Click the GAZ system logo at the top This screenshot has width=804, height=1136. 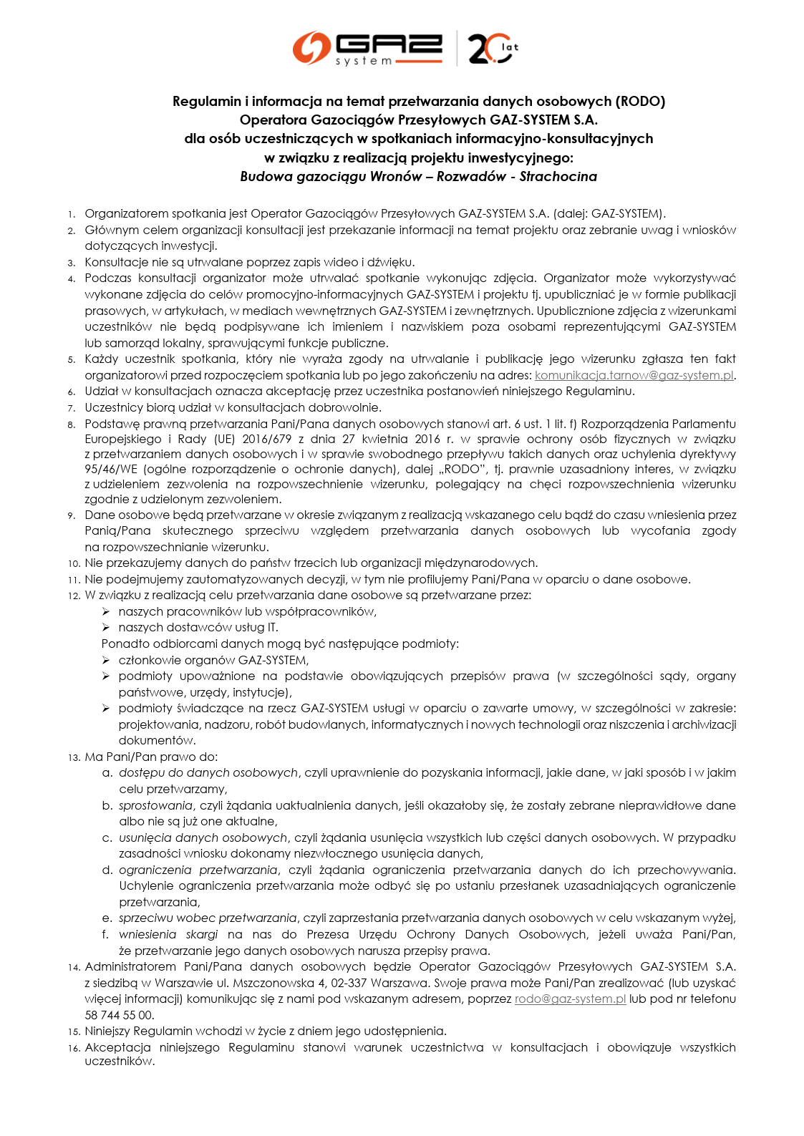pos(368,48)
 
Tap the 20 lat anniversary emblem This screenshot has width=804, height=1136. pos(493,48)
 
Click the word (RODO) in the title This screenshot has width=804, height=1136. pos(640,102)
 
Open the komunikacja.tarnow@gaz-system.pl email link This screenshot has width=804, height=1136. pos(634,376)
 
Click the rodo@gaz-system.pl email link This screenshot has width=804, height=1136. pos(570,999)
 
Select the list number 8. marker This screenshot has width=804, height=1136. pos(72,425)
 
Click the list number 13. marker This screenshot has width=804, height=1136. pos(74,757)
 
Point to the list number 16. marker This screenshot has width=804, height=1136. pos(74,1049)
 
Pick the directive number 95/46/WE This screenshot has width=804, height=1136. pos(111,470)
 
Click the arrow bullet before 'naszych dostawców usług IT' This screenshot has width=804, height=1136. pos(106,628)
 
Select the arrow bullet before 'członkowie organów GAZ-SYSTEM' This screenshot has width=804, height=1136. pos(106,660)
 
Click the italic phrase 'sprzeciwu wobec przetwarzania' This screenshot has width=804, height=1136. pos(208,918)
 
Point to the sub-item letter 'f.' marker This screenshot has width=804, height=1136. pos(106,935)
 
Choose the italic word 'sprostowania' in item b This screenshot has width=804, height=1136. pos(156,806)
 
